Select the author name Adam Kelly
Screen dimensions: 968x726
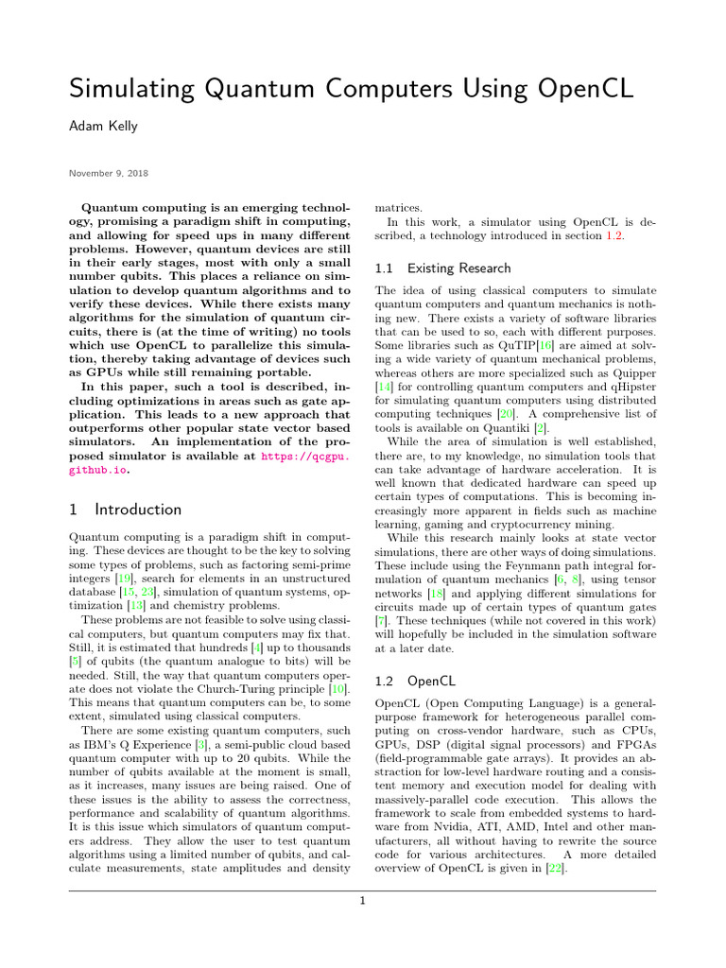[x=107, y=131]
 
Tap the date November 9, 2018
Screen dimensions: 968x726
[x=107, y=173]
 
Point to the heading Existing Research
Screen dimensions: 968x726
[x=442, y=268]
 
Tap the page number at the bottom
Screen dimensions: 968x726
[x=362, y=901]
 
